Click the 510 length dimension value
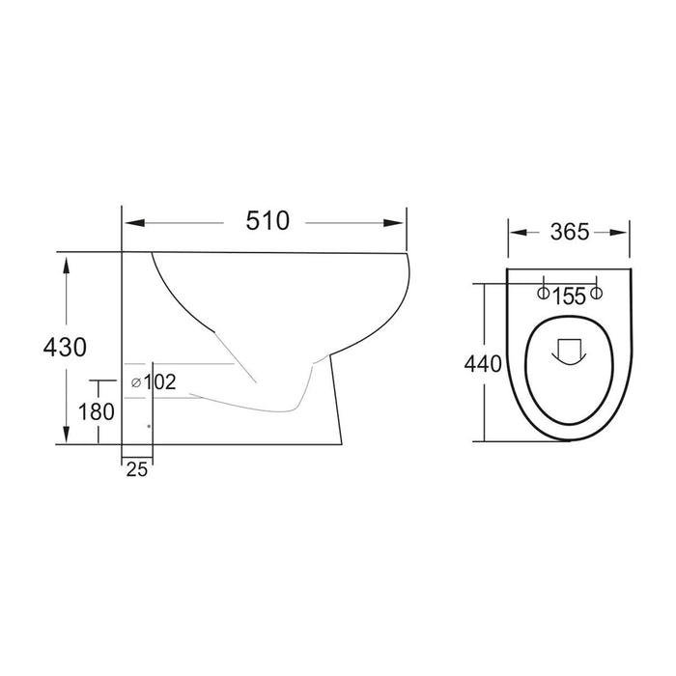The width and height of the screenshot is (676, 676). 268,221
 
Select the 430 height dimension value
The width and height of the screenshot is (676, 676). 65,347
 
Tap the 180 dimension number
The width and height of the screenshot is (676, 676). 97,411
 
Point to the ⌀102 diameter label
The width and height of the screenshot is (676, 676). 154,382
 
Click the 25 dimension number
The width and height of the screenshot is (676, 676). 137,469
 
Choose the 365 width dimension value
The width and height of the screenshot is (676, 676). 570,232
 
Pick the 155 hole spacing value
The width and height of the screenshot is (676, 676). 569,296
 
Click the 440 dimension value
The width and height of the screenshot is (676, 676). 483,364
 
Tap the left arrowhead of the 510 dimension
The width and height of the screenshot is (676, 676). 134,223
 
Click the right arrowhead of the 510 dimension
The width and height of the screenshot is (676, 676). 394,223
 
